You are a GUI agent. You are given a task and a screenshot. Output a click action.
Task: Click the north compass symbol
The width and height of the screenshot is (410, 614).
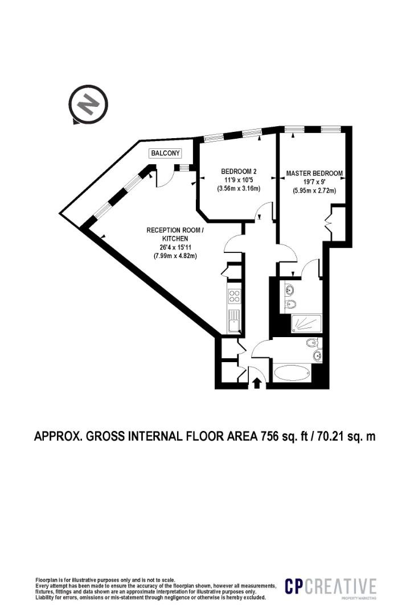pyautogui.click(x=88, y=105)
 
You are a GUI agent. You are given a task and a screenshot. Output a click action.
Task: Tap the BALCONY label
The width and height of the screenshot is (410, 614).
pyautogui.click(x=165, y=153)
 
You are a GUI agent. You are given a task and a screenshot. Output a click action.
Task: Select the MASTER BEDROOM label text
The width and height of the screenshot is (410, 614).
pyautogui.click(x=314, y=173)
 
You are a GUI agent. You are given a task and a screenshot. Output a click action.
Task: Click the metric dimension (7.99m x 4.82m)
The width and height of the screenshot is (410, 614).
pyautogui.click(x=175, y=256)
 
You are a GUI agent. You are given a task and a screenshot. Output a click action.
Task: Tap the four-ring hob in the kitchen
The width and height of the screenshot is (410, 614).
pyautogui.click(x=234, y=295)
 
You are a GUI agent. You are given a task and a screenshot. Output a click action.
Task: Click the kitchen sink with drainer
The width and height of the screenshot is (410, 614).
pyautogui.click(x=234, y=322)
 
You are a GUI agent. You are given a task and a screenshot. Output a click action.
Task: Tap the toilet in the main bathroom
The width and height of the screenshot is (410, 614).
pyautogui.click(x=311, y=343)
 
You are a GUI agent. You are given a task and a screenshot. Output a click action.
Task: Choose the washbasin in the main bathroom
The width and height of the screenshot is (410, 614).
pyautogui.click(x=317, y=356)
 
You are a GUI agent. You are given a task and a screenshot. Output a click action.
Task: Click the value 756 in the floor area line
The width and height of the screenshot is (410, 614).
pyautogui.click(x=271, y=437)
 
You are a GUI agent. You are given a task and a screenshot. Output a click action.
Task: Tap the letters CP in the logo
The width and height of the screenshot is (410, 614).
pyautogui.click(x=296, y=586)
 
